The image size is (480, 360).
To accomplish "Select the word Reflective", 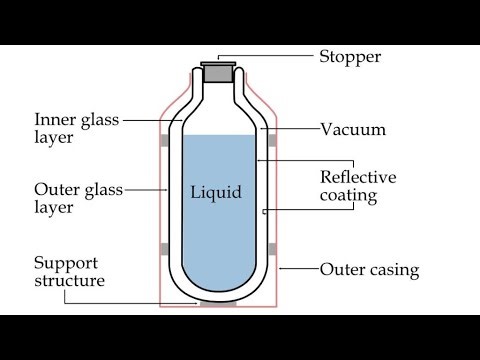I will (x=358, y=177).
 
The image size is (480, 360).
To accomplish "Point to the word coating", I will (x=348, y=196).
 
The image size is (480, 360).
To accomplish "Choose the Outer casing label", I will (x=369, y=270).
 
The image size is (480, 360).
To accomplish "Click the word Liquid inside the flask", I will (x=217, y=191).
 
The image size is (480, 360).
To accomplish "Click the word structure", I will (x=70, y=281).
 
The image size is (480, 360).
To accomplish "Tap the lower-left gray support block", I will (x=164, y=248).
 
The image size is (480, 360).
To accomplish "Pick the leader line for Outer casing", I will (x=299, y=270).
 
